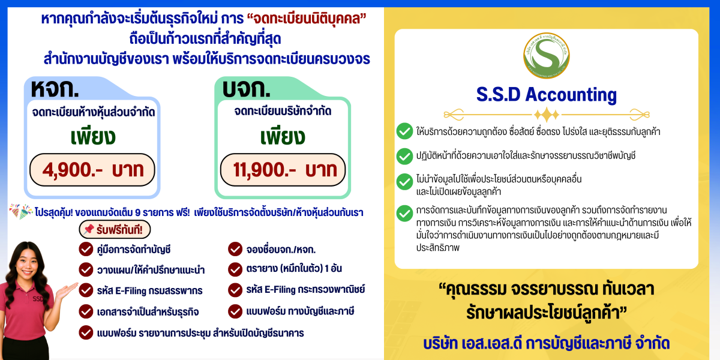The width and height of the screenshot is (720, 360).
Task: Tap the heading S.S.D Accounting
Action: tap(546, 94)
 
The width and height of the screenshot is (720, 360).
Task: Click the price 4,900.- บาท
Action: tap(93, 170)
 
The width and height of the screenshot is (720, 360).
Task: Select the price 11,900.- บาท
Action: tap(283, 170)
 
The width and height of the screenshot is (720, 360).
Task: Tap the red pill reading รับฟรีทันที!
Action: tap(115, 229)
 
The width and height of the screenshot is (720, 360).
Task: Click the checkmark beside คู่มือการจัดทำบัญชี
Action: tap(86, 249)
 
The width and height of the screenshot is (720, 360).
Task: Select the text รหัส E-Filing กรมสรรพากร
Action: tap(149, 290)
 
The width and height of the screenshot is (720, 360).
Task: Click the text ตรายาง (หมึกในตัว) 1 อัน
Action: tap(294, 269)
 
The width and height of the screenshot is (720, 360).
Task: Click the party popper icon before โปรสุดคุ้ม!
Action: tap(21, 212)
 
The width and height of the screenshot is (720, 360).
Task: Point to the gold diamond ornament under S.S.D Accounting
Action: tap(546, 114)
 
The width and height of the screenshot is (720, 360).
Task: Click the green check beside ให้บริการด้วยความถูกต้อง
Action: tap(404, 131)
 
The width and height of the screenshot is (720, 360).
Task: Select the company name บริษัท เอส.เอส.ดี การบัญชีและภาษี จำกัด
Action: tap(545, 343)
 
